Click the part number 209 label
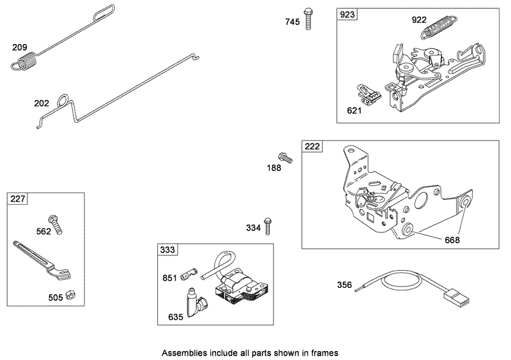(x=20, y=47)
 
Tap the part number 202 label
(x=42, y=102)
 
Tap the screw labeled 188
(x=284, y=156)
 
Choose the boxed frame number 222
(x=312, y=147)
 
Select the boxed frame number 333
(x=169, y=250)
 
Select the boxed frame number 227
(x=18, y=199)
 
